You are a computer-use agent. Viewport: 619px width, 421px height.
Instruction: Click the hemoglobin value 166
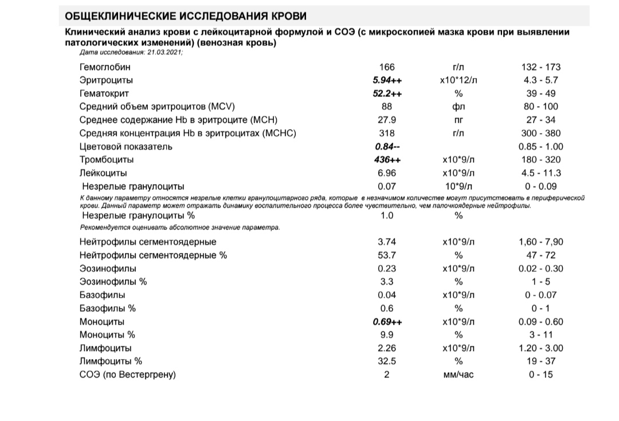pos(387,67)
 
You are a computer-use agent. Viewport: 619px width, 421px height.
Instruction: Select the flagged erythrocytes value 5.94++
pos(387,80)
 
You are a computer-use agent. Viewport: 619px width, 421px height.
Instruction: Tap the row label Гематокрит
pos(104,93)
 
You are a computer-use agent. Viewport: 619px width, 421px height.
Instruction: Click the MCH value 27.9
pos(387,120)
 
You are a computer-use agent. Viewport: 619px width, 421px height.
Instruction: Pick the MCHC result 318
pos(387,133)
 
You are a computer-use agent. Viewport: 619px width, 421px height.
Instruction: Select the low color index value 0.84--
pos(387,146)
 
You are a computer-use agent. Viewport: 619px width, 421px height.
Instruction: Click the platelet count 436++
pos(387,159)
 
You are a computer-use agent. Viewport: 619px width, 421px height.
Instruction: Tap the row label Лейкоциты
pos(103,173)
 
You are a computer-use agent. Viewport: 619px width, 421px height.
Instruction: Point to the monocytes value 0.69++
pos(387,322)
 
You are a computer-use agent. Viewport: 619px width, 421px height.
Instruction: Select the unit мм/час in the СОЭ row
pos(458,375)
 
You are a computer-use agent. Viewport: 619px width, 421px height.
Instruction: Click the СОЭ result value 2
pos(387,375)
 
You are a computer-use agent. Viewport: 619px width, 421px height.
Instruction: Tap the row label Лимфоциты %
pos(111,361)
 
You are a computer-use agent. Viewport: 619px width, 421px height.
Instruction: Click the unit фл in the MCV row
pos(458,107)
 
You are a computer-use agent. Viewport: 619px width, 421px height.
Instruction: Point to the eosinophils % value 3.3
pos(387,282)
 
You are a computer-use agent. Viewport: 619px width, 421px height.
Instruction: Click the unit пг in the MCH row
pos(458,120)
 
